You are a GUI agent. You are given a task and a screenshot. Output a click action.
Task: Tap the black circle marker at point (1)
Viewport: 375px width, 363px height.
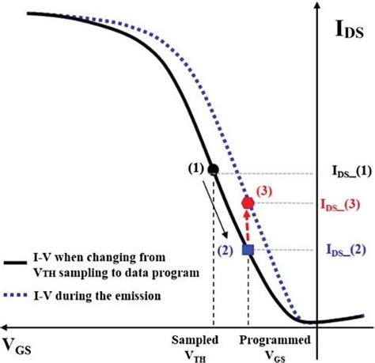(212, 168)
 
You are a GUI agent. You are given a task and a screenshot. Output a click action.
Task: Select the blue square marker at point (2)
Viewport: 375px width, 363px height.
(248, 250)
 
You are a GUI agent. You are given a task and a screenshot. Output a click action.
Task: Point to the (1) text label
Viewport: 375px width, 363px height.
(195, 167)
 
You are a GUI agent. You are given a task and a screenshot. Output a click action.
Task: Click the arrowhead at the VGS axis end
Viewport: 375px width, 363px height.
(6, 325)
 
